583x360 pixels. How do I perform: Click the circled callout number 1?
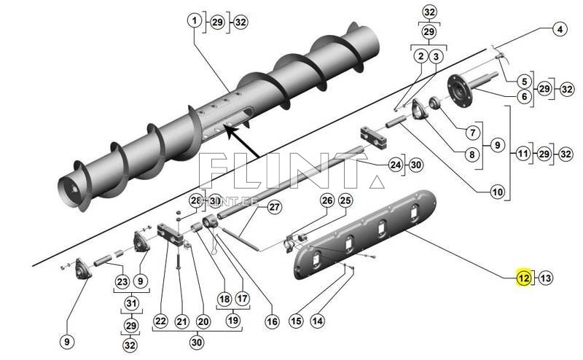[195, 22]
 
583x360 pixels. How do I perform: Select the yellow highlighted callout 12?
[523, 277]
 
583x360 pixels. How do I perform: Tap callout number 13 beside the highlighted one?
[547, 277]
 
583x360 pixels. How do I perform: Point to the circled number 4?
[559, 31]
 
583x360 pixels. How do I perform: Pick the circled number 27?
[273, 207]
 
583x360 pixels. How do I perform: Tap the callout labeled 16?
[273, 321]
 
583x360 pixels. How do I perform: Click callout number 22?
[160, 321]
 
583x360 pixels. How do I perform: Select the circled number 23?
[122, 281]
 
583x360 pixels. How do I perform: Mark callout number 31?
[130, 304]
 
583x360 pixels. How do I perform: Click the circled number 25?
[345, 200]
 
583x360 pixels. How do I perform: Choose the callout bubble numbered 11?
[523, 154]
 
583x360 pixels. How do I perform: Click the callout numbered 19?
[233, 319]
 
